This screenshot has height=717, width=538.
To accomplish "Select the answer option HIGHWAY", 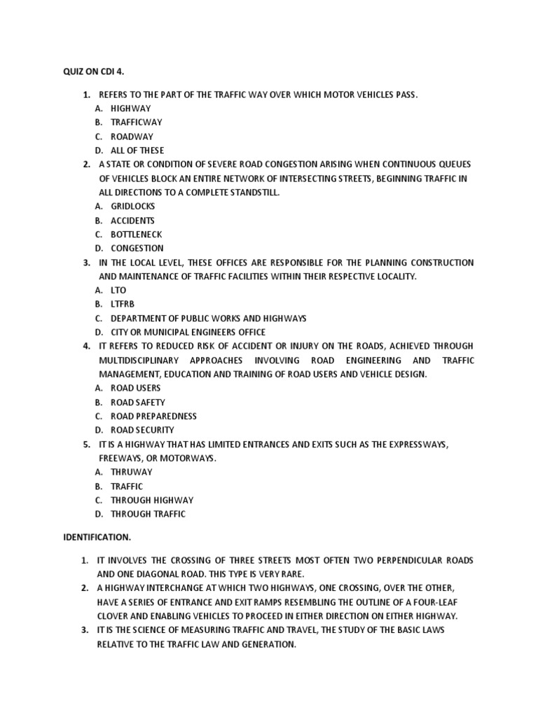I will click(x=130, y=109).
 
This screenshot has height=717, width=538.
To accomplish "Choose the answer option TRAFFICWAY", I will click(x=136, y=123).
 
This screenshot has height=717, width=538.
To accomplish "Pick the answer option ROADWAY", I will click(x=132, y=137).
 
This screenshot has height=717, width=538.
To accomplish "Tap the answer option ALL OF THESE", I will click(x=137, y=151).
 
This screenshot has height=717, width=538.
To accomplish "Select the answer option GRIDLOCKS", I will click(x=132, y=207).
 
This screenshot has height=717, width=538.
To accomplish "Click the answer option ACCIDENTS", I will click(x=132, y=221).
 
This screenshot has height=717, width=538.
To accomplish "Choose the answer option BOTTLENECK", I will click(x=136, y=235).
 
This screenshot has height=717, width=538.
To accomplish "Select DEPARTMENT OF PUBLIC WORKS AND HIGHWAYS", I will click(x=208, y=319).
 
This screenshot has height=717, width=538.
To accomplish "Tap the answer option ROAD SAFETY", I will click(x=138, y=403).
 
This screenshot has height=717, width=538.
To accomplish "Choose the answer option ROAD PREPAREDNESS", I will click(x=153, y=416).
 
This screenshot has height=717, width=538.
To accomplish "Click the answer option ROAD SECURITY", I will click(x=142, y=430).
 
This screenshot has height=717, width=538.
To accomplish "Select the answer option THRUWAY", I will click(x=131, y=472).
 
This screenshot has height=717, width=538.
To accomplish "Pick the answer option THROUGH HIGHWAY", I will click(x=151, y=500).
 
